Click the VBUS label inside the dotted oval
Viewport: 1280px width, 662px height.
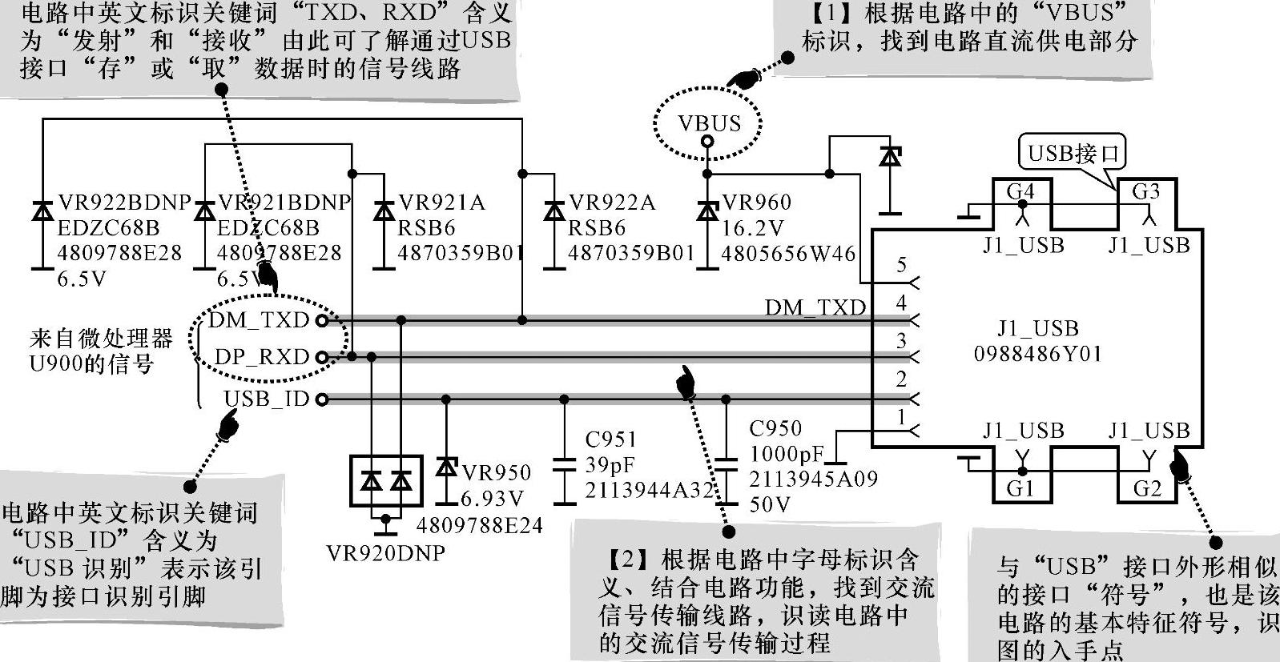(x=709, y=123)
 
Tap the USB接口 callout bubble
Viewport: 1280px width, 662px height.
(x=1073, y=152)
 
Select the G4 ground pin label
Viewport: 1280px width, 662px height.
(x=1020, y=191)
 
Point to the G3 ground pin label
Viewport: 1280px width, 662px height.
(x=1146, y=191)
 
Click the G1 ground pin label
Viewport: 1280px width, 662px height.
(x=1020, y=488)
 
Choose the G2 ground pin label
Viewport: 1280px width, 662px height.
(x=1147, y=488)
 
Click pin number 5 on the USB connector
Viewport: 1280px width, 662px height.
(x=902, y=265)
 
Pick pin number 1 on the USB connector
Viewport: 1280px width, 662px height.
(x=902, y=417)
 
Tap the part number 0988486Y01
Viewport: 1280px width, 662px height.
(x=1038, y=353)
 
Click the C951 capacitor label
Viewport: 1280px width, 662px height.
(x=610, y=439)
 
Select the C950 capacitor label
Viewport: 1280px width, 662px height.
(x=775, y=429)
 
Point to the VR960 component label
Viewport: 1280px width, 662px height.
(x=756, y=203)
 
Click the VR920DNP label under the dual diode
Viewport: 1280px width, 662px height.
(x=386, y=553)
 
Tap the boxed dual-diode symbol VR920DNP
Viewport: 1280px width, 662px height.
(x=386, y=480)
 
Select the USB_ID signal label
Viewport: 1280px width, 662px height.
(x=266, y=399)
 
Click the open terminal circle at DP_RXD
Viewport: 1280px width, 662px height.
(x=322, y=357)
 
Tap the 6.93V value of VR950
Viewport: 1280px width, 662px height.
(x=492, y=499)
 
